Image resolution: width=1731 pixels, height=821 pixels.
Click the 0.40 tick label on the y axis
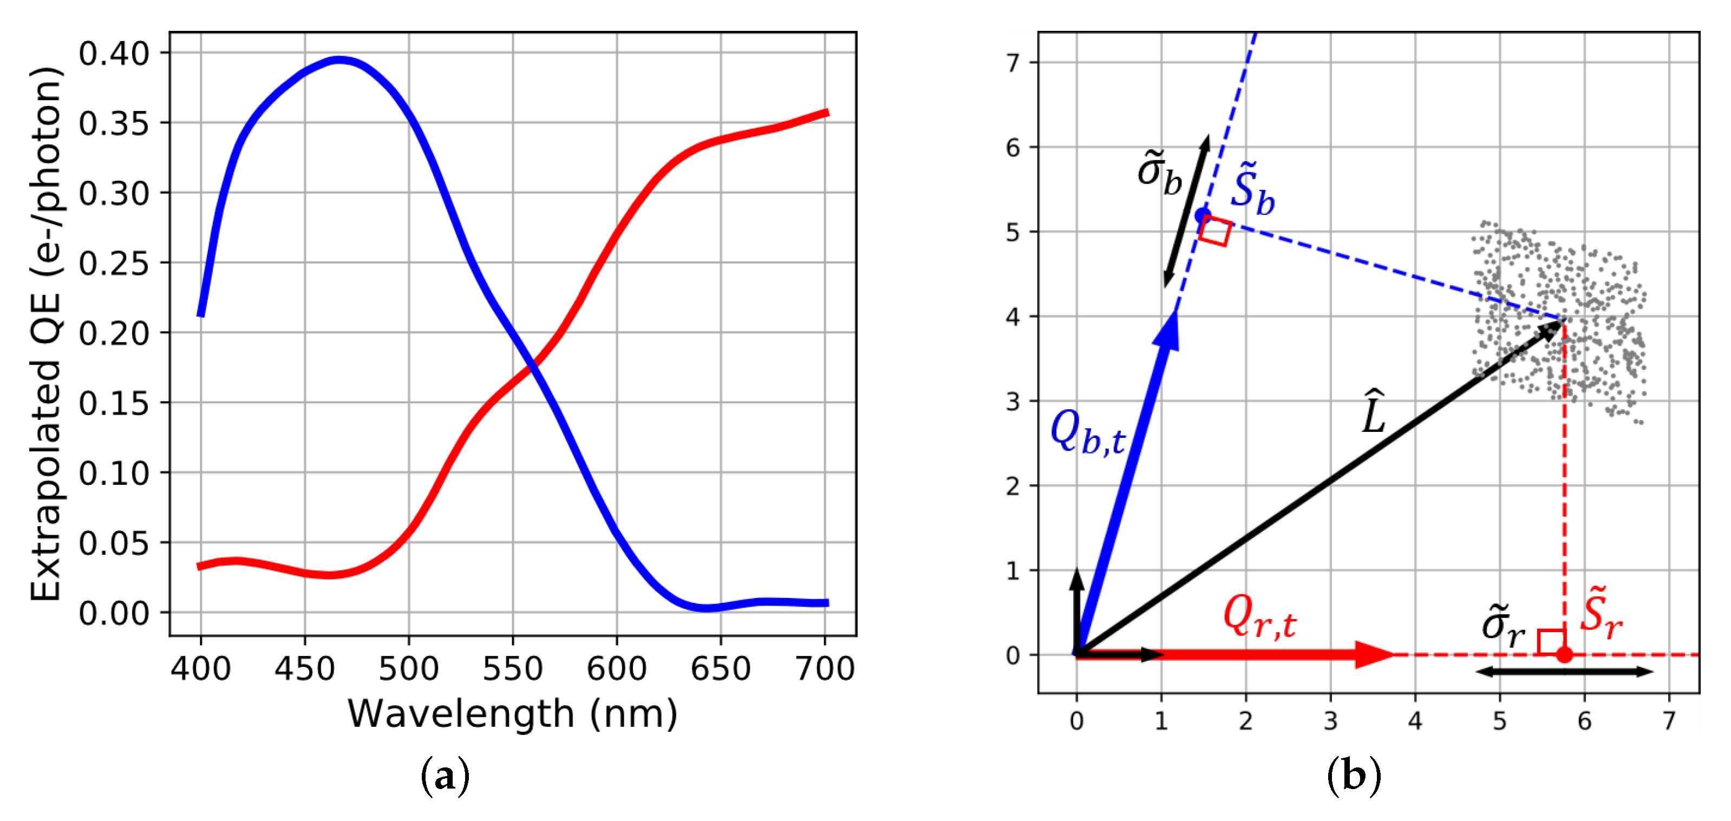pyautogui.click(x=114, y=54)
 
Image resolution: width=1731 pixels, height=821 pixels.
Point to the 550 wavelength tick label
pyautogui.click(x=512, y=669)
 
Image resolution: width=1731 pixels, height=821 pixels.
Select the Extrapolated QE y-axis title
pyautogui.click(x=45, y=334)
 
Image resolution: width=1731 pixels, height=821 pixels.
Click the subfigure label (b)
pyautogui.click(x=1354, y=776)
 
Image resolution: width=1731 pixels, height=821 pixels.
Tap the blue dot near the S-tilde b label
pyautogui.click(x=1202, y=215)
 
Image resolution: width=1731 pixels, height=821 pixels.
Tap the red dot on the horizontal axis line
pyautogui.click(x=1564, y=654)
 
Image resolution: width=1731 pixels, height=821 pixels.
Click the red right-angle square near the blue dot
pyautogui.click(x=1215, y=231)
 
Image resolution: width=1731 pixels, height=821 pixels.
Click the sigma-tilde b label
pyautogui.click(x=1159, y=173)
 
